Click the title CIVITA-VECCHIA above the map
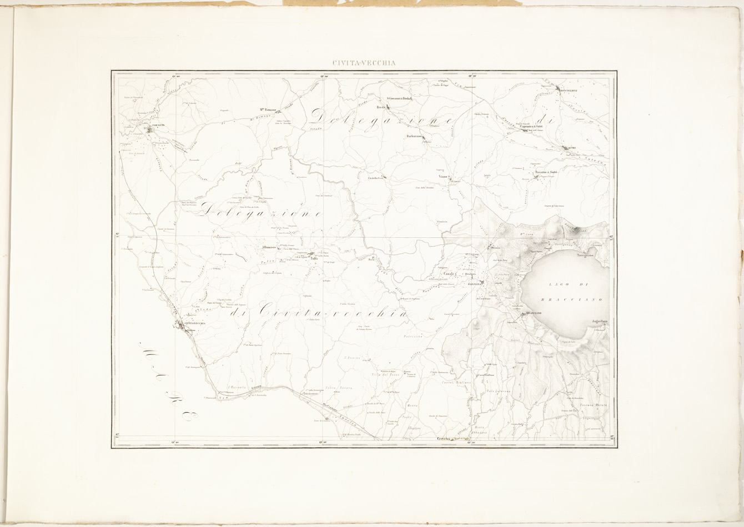[364, 63]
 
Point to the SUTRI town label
[572, 147]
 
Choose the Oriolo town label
[495, 247]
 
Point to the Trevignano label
[585, 256]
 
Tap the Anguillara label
[600, 322]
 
